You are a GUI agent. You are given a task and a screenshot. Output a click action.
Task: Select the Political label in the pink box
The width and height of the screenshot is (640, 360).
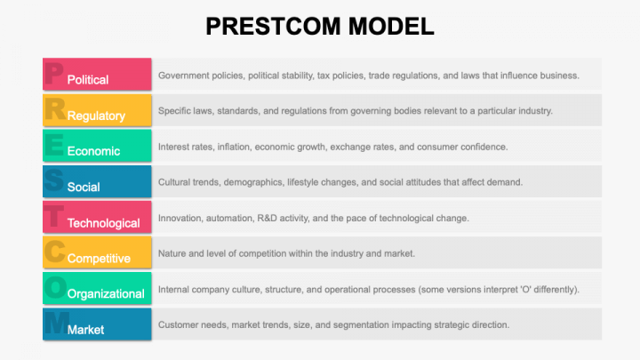(x=88, y=80)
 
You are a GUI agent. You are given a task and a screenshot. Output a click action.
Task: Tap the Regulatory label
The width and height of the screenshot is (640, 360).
(x=96, y=116)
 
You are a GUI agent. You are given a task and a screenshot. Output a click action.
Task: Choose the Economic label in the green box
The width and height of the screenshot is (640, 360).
(x=92, y=151)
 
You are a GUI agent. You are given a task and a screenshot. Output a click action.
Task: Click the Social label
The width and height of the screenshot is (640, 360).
(x=84, y=187)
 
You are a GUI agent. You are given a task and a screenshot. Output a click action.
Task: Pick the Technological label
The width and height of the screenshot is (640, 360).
(x=103, y=223)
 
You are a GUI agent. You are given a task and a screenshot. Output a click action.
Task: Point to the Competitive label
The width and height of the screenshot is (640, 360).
(x=99, y=259)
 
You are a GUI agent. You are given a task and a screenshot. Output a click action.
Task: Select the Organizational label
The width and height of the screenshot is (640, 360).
(x=106, y=294)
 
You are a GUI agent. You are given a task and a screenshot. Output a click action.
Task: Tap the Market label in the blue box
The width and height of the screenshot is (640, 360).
(x=85, y=330)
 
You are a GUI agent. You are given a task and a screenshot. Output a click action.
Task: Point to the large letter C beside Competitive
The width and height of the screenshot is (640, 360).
(x=54, y=252)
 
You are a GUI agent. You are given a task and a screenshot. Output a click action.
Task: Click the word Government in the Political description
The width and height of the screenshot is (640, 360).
(x=184, y=76)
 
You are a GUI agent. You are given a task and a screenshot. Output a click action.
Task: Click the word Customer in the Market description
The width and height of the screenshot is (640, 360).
(x=179, y=324)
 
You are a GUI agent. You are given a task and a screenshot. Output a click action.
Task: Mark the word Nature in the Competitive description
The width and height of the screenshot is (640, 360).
(x=173, y=253)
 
